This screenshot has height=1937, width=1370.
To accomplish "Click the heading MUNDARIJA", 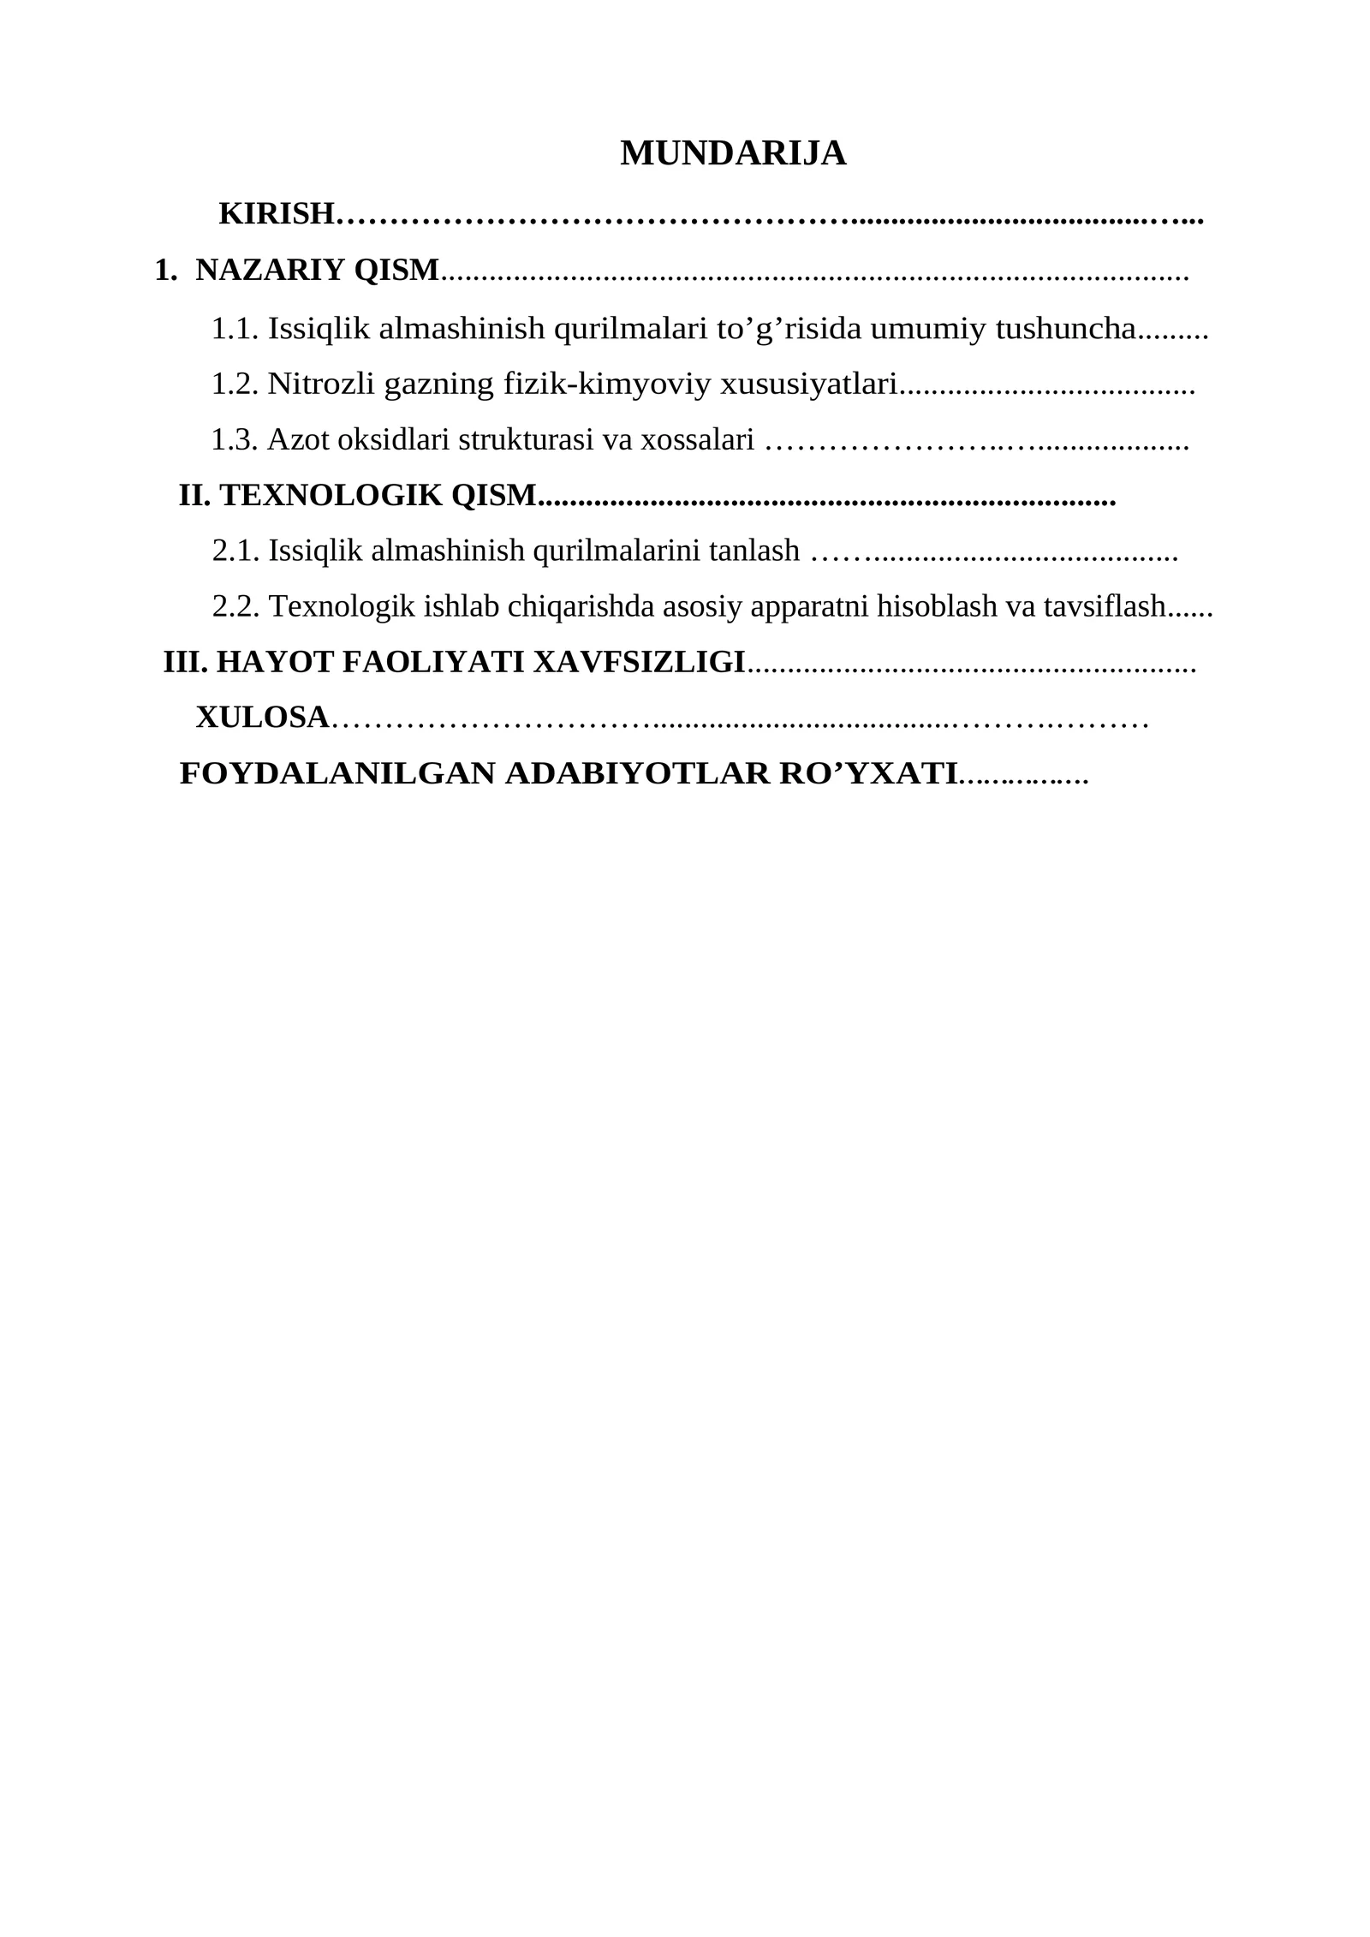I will coord(733,153).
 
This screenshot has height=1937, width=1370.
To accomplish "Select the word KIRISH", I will coord(276,213).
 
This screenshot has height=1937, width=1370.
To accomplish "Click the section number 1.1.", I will coord(235,328).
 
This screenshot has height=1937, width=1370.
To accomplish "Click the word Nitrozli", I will coord(320,384).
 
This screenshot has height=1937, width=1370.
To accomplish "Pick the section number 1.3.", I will coord(235,439).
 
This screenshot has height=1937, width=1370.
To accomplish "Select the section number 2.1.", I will coord(235,551).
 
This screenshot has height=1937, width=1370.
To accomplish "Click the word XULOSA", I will coord(262,718).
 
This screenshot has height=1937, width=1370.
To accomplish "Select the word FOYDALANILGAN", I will coord(337,773).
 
